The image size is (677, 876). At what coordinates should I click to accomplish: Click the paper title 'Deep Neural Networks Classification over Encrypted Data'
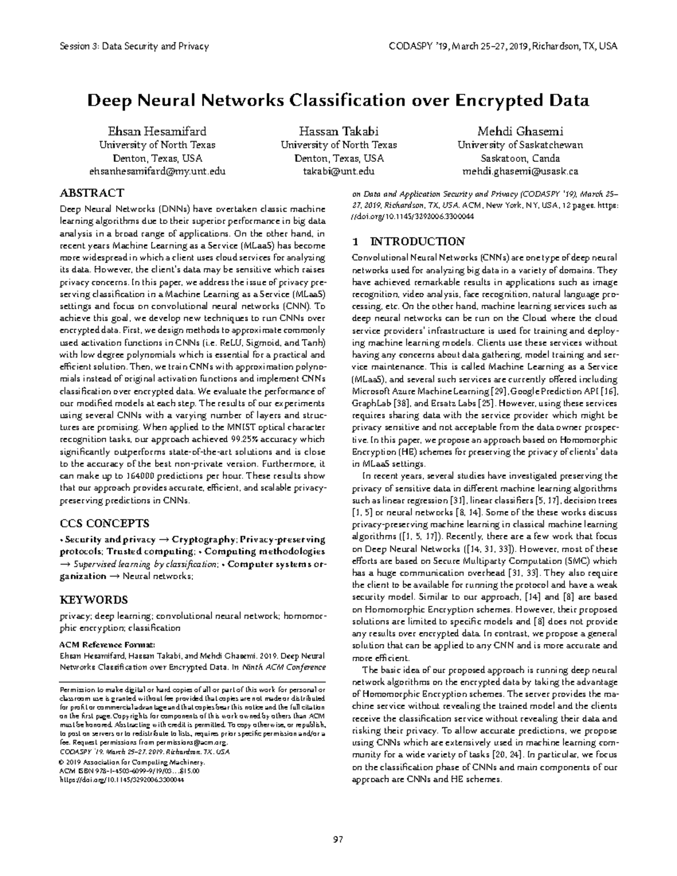pos(337,101)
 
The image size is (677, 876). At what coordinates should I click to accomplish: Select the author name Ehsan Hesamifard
pos(157,131)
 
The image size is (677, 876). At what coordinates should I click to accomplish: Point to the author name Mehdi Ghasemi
pos(520,131)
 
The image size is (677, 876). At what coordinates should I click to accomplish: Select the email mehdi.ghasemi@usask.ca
pos(520,171)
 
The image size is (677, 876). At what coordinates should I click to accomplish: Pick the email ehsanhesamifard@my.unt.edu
pos(157,171)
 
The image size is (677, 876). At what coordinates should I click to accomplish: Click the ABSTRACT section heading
pos(92,193)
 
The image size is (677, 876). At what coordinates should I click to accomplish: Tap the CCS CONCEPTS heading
pos(104,523)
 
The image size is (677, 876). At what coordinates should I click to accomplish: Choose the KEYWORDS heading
pos(94,599)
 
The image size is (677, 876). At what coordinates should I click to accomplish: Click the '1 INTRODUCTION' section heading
pos(408,242)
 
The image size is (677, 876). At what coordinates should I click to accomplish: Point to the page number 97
pos(338,839)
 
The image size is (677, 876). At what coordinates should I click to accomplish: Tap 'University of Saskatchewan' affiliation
pos(520,145)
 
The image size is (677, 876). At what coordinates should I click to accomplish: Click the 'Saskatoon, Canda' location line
pos(520,159)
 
